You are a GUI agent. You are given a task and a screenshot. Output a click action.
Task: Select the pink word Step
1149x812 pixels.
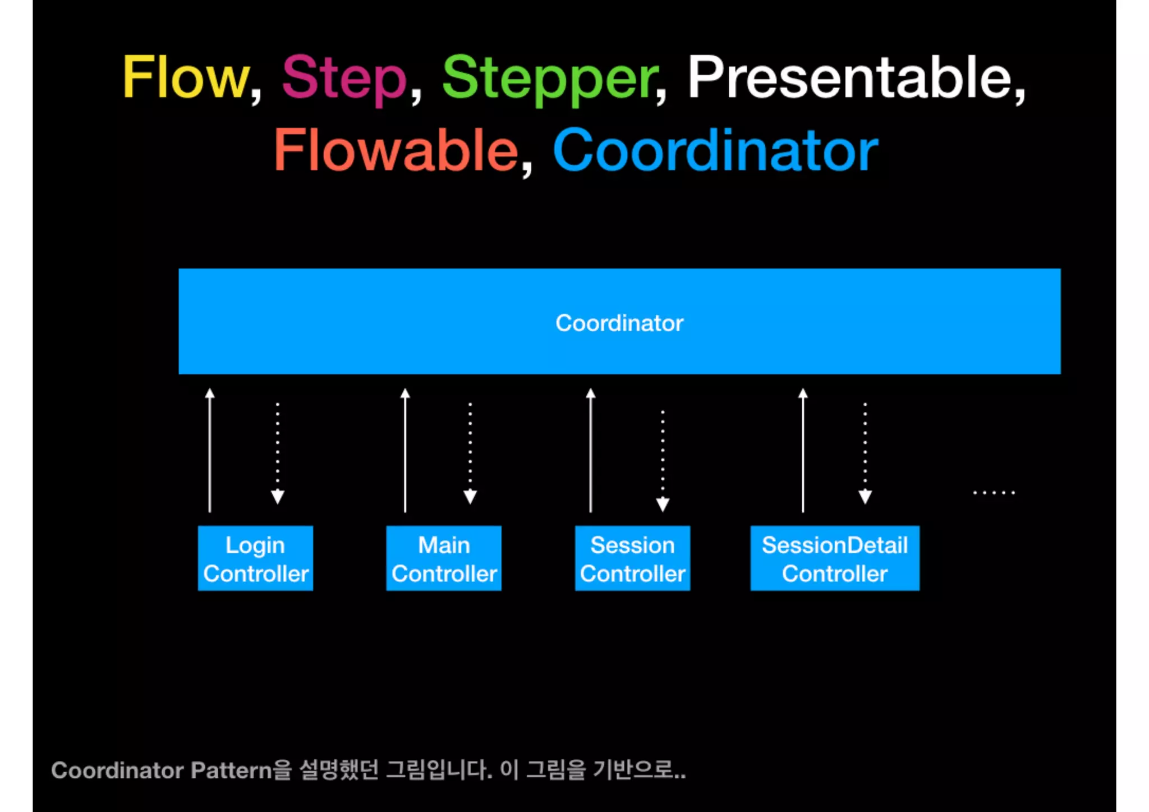(x=343, y=78)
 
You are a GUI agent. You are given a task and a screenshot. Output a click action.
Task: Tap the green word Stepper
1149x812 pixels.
(x=550, y=79)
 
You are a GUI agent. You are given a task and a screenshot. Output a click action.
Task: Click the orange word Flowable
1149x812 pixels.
(x=396, y=150)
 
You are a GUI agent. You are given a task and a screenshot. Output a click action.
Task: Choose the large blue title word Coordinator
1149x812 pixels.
(x=715, y=150)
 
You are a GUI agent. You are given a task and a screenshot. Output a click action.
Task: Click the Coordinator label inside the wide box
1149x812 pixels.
(x=619, y=323)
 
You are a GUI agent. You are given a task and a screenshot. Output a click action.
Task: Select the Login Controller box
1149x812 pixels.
(x=255, y=558)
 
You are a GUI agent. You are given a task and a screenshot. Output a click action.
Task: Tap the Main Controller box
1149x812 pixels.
(x=444, y=558)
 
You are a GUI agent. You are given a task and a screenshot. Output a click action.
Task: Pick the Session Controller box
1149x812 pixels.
(x=632, y=558)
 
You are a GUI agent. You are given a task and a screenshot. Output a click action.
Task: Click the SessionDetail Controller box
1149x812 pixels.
(x=835, y=558)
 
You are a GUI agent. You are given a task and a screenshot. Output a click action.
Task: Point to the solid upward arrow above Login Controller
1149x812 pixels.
(x=210, y=449)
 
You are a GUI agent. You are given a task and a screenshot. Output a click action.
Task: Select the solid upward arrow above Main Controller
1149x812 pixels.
(x=405, y=449)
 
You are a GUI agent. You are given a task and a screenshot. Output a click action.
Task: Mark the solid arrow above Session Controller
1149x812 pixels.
(x=590, y=449)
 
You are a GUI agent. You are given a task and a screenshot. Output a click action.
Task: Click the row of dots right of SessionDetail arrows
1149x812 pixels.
(x=994, y=493)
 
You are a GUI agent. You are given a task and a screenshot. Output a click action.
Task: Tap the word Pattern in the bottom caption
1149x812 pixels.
(x=231, y=770)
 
